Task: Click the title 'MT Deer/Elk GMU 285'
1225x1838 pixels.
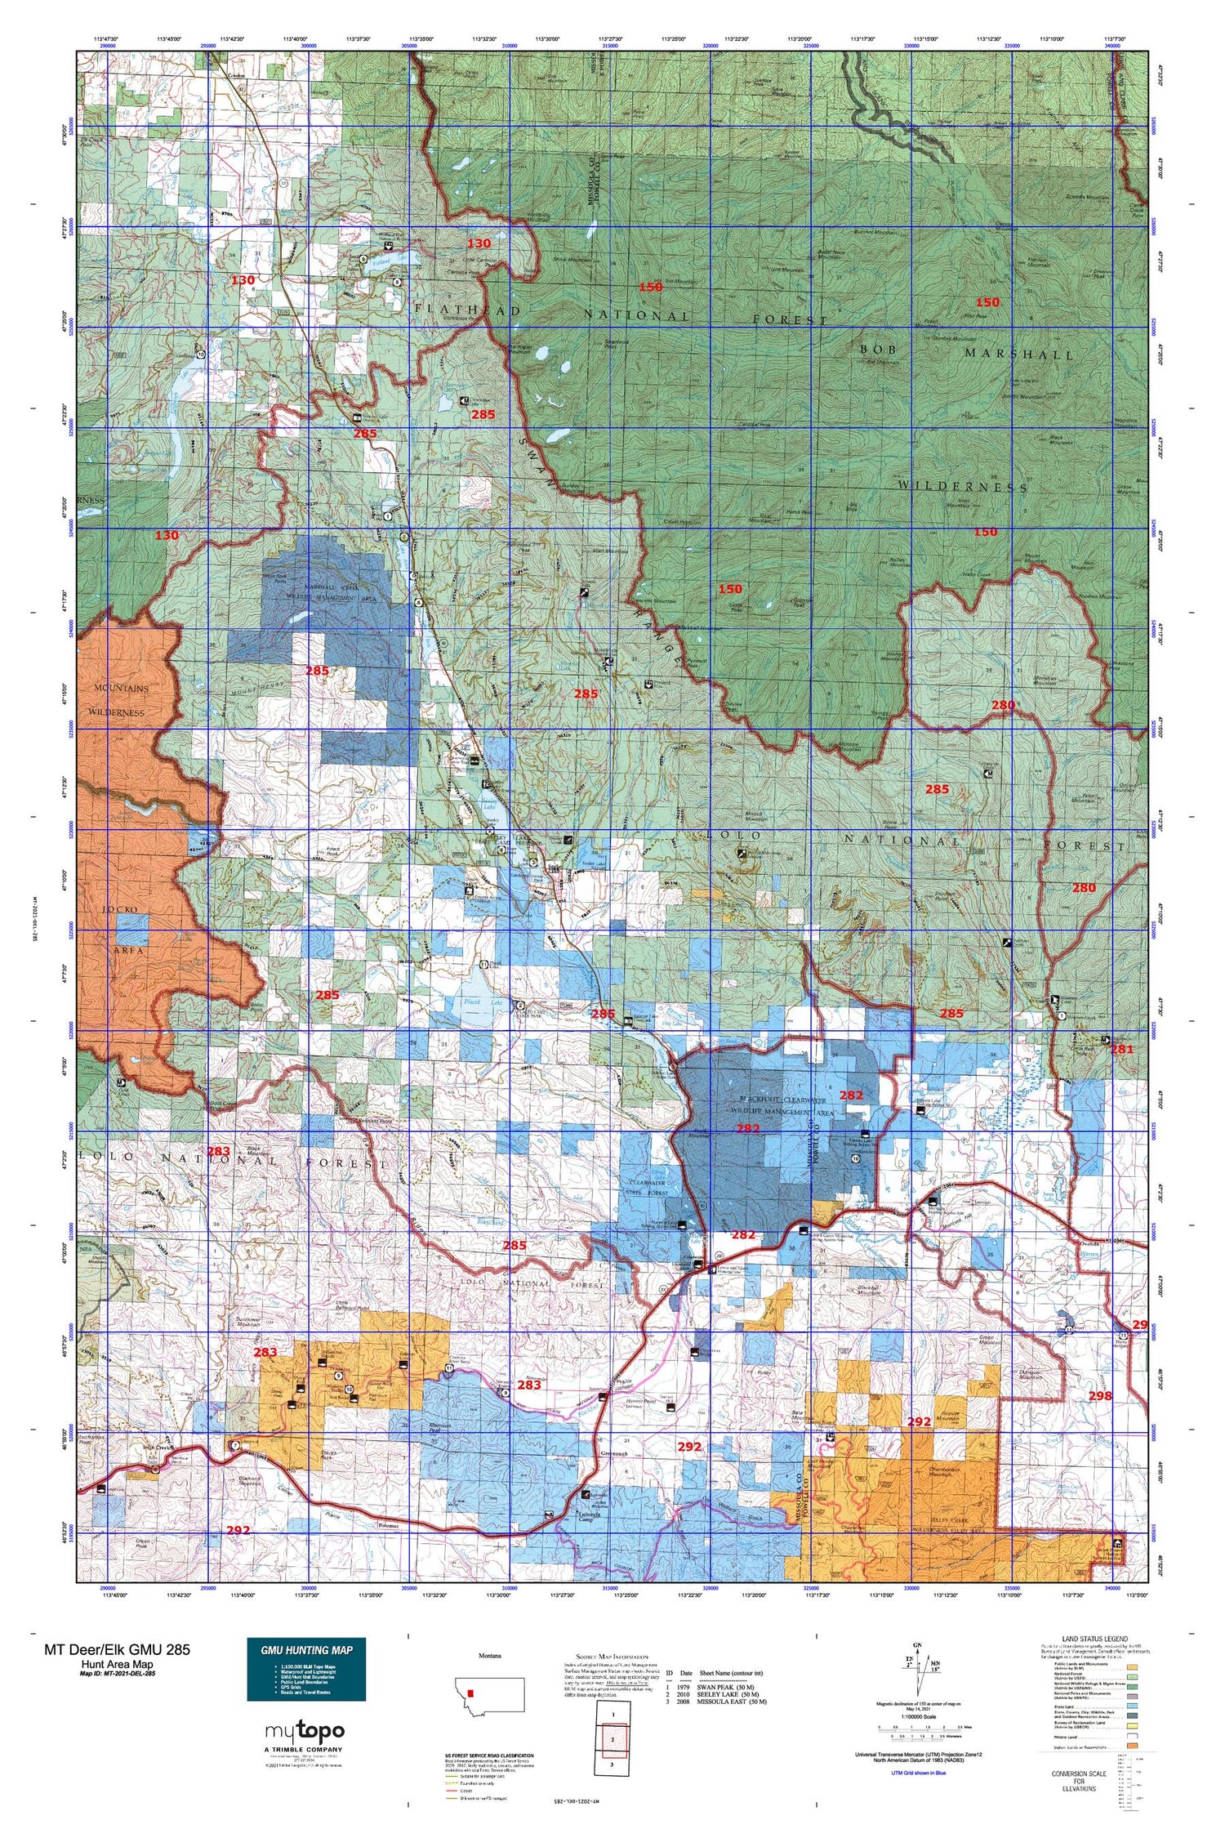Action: pos(118,1649)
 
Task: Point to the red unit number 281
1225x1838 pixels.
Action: pos(1123,1049)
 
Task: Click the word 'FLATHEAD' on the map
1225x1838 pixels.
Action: pos(467,310)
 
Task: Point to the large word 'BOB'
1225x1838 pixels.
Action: pos(878,349)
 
